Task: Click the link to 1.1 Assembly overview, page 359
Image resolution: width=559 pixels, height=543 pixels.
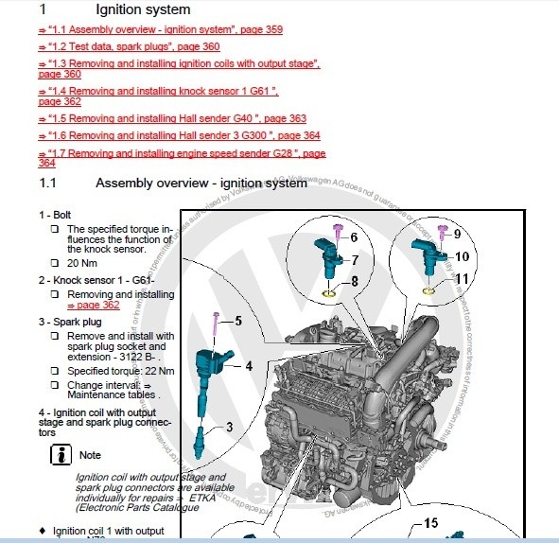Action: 160,29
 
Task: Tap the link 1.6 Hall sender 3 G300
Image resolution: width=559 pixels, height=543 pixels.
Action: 179,135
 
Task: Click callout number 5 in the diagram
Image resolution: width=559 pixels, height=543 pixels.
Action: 237,321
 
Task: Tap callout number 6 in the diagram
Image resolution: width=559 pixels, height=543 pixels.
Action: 354,237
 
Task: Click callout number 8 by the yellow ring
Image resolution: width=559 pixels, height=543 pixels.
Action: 354,281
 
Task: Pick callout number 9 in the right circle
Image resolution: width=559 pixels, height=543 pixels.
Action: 457,233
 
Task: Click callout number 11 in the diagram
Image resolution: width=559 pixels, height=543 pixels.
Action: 461,279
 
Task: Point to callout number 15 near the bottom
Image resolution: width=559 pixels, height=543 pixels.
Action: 430,522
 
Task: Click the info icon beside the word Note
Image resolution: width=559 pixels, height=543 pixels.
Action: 61,455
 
